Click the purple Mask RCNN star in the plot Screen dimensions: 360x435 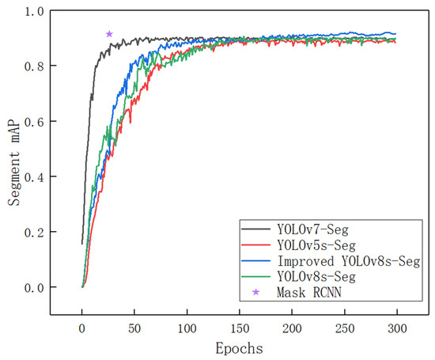(x=109, y=33)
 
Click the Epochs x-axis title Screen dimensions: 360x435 (x=239, y=347)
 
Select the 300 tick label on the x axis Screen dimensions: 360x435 (x=397, y=327)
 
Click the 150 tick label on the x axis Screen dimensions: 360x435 (x=239, y=327)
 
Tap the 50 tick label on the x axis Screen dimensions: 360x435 (x=134, y=327)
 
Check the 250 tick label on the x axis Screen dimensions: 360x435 (x=345, y=327)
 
